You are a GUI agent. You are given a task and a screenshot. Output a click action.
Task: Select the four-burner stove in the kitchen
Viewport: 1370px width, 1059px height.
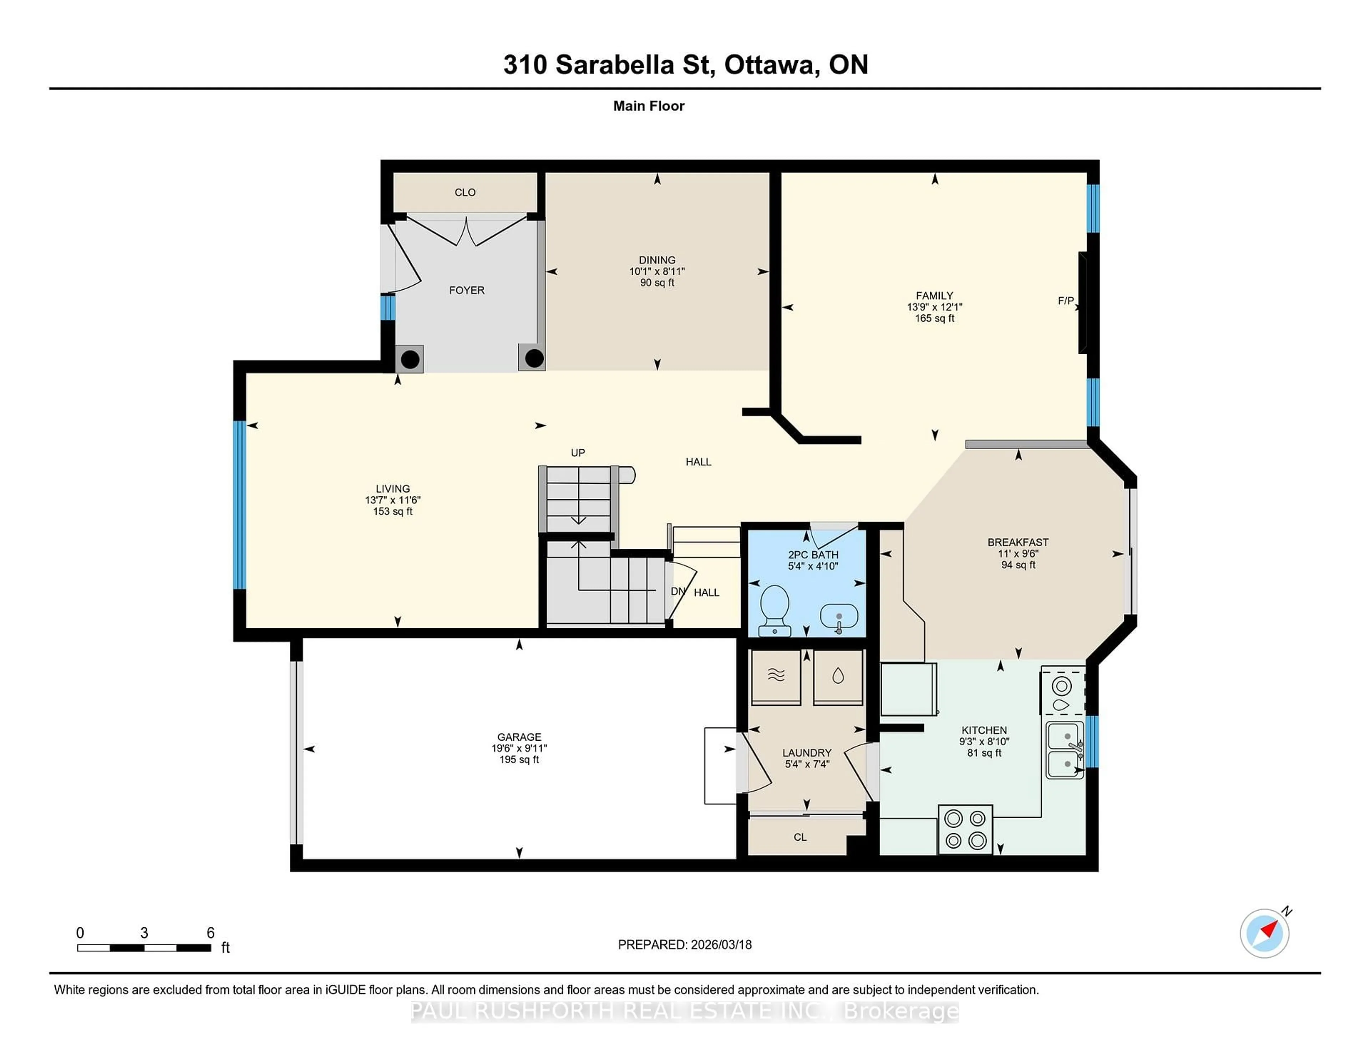(965, 829)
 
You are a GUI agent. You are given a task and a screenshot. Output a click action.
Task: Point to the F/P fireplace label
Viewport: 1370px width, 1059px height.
(1066, 301)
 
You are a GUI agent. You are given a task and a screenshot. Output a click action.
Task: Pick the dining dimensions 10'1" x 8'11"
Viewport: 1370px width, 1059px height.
(657, 272)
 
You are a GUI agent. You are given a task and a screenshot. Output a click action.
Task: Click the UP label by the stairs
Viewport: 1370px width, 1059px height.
(578, 453)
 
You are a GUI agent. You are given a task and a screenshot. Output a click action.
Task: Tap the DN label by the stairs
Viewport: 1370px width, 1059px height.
(678, 592)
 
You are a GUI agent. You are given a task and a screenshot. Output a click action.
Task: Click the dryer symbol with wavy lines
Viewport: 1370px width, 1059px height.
(776, 676)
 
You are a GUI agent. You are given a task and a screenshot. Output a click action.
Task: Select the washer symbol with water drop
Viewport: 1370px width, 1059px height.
(838, 676)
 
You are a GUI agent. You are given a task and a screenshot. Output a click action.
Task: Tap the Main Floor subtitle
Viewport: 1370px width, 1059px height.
(649, 106)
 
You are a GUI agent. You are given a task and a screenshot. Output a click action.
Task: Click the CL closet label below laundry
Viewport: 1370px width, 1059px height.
(800, 837)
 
